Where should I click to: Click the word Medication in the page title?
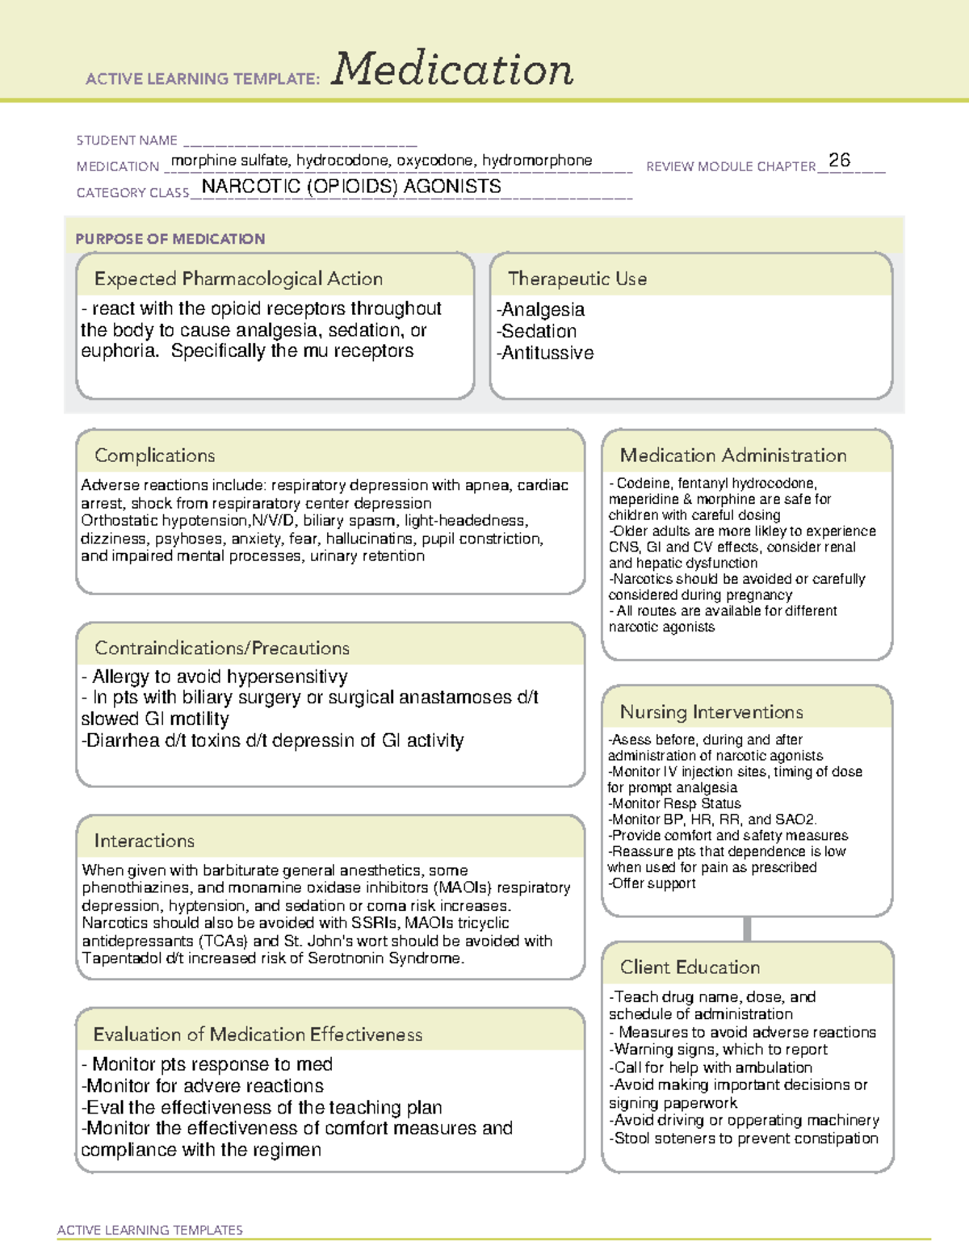click(x=452, y=69)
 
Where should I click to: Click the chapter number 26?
click(x=839, y=160)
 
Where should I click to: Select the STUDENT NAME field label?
click(x=127, y=140)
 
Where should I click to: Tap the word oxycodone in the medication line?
click(x=435, y=161)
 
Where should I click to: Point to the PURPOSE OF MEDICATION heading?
click(x=170, y=239)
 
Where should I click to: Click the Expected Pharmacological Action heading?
click(x=238, y=279)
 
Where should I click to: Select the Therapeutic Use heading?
click(x=577, y=279)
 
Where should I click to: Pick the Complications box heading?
click(x=154, y=455)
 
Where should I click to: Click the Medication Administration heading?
click(x=732, y=455)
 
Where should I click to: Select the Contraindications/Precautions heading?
click(x=222, y=648)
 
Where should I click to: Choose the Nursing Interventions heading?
click(x=711, y=712)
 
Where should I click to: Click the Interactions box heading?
click(x=144, y=841)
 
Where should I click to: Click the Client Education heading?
click(x=690, y=967)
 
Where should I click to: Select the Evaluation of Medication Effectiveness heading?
click(x=258, y=1034)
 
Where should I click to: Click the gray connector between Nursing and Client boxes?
click(x=747, y=929)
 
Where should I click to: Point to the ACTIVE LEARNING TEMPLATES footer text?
click(x=149, y=1230)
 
